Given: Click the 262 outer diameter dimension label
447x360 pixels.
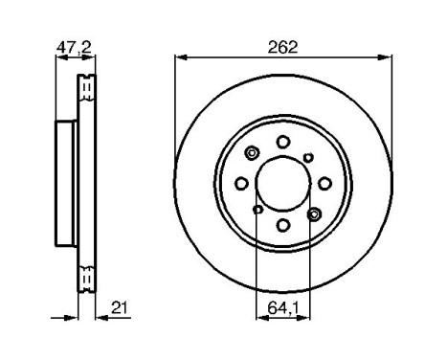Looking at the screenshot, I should click(x=283, y=45).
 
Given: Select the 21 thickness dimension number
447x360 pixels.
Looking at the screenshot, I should click(x=120, y=307).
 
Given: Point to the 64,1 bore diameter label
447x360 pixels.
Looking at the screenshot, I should click(x=283, y=307).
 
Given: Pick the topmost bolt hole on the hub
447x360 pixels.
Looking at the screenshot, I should click(x=283, y=141).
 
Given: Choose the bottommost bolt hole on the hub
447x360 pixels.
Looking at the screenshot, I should click(x=283, y=226).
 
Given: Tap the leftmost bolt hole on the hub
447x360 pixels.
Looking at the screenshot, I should click(x=241, y=184).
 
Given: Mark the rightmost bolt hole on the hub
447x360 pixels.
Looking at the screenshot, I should click(x=325, y=183).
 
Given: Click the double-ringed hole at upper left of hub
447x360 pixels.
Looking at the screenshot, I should click(x=253, y=153).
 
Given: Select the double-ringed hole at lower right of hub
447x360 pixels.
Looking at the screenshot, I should click(x=314, y=214).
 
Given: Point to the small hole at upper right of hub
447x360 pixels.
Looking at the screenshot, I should click(x=308, y=157).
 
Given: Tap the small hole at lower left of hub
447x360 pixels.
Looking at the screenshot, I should click(x=258, y=210).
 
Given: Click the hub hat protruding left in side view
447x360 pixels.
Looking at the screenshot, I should click(x=66, y=183).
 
